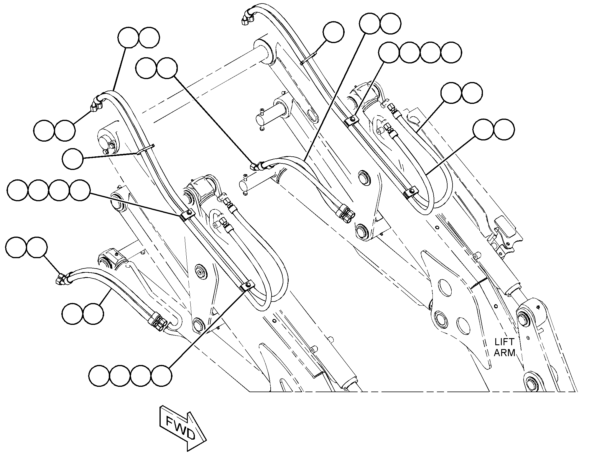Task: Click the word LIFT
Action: click(x=504, y=342)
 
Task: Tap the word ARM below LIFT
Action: click(x=504, y=353)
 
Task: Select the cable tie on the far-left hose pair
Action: click(x=146, y=149)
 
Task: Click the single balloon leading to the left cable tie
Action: click(x=73, y=159)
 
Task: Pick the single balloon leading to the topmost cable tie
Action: click(x=333, y=32)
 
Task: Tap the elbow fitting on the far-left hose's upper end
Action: click(x=97, y=104)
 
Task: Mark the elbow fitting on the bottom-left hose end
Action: click(x=63, y=277)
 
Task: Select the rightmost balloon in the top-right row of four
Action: click(x=451, y=52)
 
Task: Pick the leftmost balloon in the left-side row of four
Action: click(x=18, y=190)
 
